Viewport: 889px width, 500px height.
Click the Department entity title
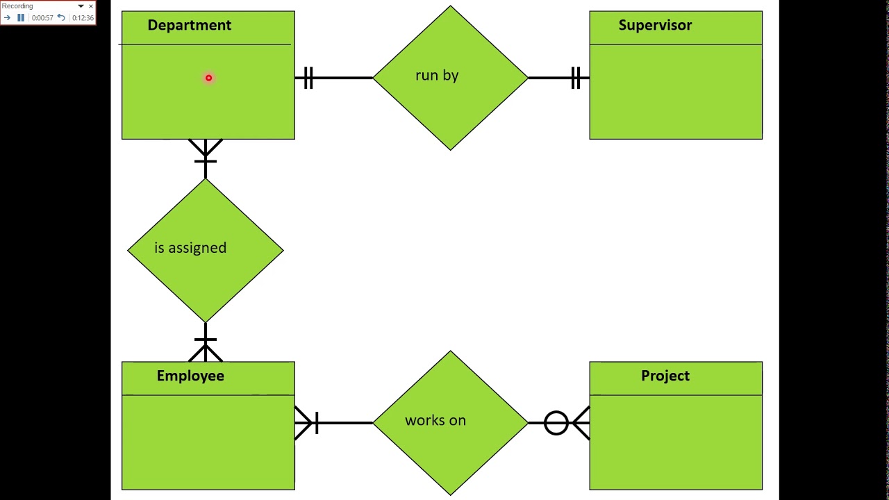(190, 25)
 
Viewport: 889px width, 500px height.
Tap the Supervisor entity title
(655, 25)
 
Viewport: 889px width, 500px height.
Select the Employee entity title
(190, 376)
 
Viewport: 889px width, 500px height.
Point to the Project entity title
(665, 376)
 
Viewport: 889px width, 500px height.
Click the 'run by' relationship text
(437, 76)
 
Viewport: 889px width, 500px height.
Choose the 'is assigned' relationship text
(190, 248)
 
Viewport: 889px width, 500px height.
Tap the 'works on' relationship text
(435, 420)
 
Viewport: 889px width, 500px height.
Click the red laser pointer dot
(209, 78)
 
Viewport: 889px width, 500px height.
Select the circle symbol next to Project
(556, 423)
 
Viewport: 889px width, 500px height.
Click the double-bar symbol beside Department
(308, 78)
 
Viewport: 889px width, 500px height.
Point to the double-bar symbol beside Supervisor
(576, 78)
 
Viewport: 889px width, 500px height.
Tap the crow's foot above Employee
(206, 350)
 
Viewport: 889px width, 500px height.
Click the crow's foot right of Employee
(306, 423)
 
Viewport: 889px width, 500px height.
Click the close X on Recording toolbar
(91, 6)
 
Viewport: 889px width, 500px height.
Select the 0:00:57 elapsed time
(42, 18)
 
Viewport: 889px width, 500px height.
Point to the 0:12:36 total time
(83, 18)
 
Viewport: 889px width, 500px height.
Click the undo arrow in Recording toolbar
(61, 17)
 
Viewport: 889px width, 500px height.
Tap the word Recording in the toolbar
(17, 6)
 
